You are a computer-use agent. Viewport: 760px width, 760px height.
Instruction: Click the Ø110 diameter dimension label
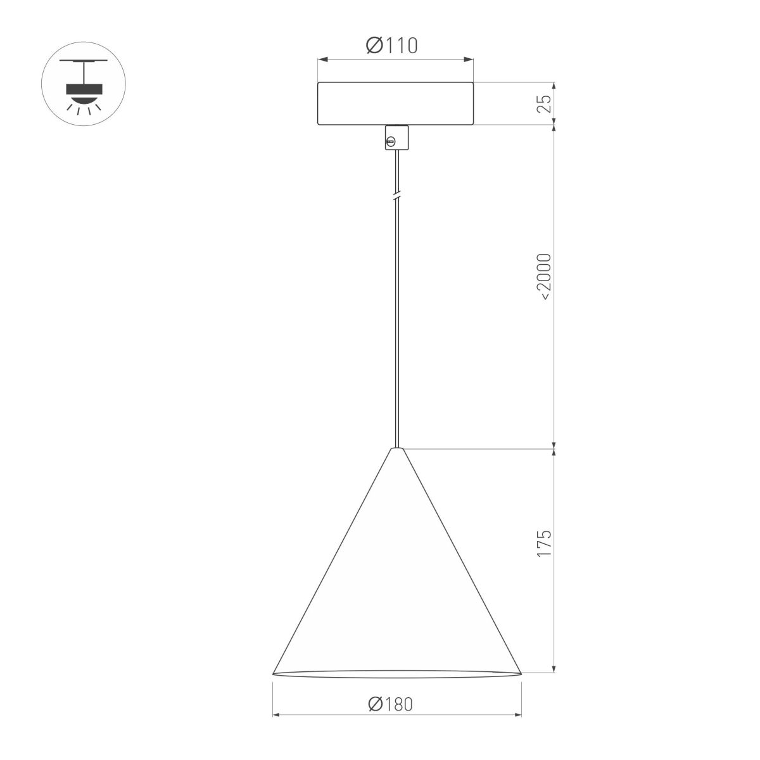point(392,46)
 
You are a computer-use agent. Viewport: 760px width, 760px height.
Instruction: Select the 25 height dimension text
point(544,104)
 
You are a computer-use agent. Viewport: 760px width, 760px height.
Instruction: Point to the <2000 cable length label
point(544,275)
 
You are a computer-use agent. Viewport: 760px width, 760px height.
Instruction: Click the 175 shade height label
point(544,543)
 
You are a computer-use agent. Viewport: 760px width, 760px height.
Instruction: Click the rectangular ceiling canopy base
point(396,103)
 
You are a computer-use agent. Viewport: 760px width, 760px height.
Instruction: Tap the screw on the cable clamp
point(391,141)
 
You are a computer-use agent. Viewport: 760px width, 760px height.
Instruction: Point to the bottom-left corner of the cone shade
point(274,674)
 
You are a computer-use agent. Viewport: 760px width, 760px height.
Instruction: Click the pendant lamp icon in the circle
point(84,85)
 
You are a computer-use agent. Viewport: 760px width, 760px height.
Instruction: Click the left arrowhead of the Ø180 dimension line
point(275,716)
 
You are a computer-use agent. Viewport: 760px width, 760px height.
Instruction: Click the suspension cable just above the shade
point(396,431)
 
